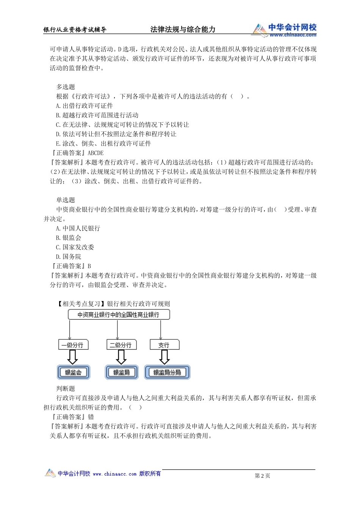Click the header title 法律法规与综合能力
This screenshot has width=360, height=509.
(183, 30)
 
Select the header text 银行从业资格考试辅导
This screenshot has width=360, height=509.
(75, 30)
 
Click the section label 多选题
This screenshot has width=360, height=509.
(66, 87)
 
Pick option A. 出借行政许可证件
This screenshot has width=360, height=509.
(84, 106)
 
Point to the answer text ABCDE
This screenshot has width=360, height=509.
(95, 153)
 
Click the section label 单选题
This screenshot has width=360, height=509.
(66, 200)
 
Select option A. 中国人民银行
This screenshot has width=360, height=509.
(78, 228)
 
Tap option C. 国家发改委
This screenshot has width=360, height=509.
(75, 247)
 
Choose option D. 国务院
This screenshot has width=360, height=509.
(68, 257)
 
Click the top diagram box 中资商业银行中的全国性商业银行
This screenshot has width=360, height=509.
(119, 315)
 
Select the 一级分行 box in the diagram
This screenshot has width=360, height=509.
(73, 345)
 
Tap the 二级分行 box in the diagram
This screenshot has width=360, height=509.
(121, 345)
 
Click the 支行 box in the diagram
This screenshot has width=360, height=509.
(164, 345)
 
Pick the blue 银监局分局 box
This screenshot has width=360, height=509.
(167, 372)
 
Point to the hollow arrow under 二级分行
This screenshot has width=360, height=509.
(121, 357)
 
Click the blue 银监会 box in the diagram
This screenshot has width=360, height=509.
(73, 372)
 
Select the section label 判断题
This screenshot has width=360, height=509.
(66, 389)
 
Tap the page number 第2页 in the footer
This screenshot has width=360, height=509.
(262, 476)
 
